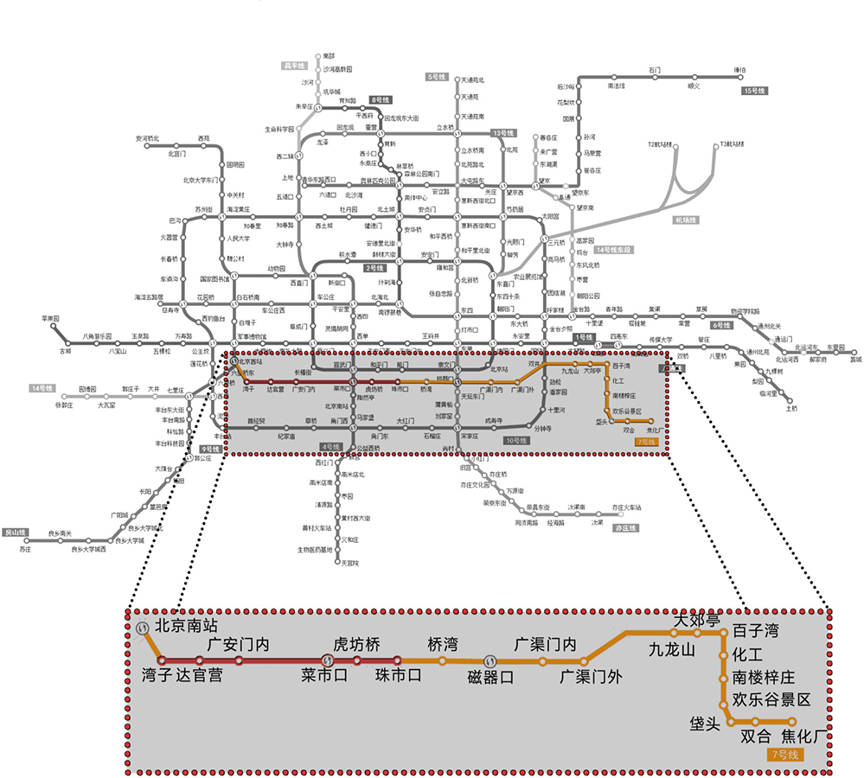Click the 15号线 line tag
tap(753, 91)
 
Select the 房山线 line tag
tap(16, 532)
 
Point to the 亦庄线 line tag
tap(624, 527)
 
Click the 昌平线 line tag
tap(296, 66)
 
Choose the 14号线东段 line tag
tap(614, 250)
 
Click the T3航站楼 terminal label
tap(731, 143)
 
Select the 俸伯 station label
tap(739, 70)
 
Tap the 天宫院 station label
tap(349, 563)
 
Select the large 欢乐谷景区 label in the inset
tap(771, 699)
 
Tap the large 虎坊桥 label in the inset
tap(356, 645)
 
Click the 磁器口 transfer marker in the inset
tap(489, 662)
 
